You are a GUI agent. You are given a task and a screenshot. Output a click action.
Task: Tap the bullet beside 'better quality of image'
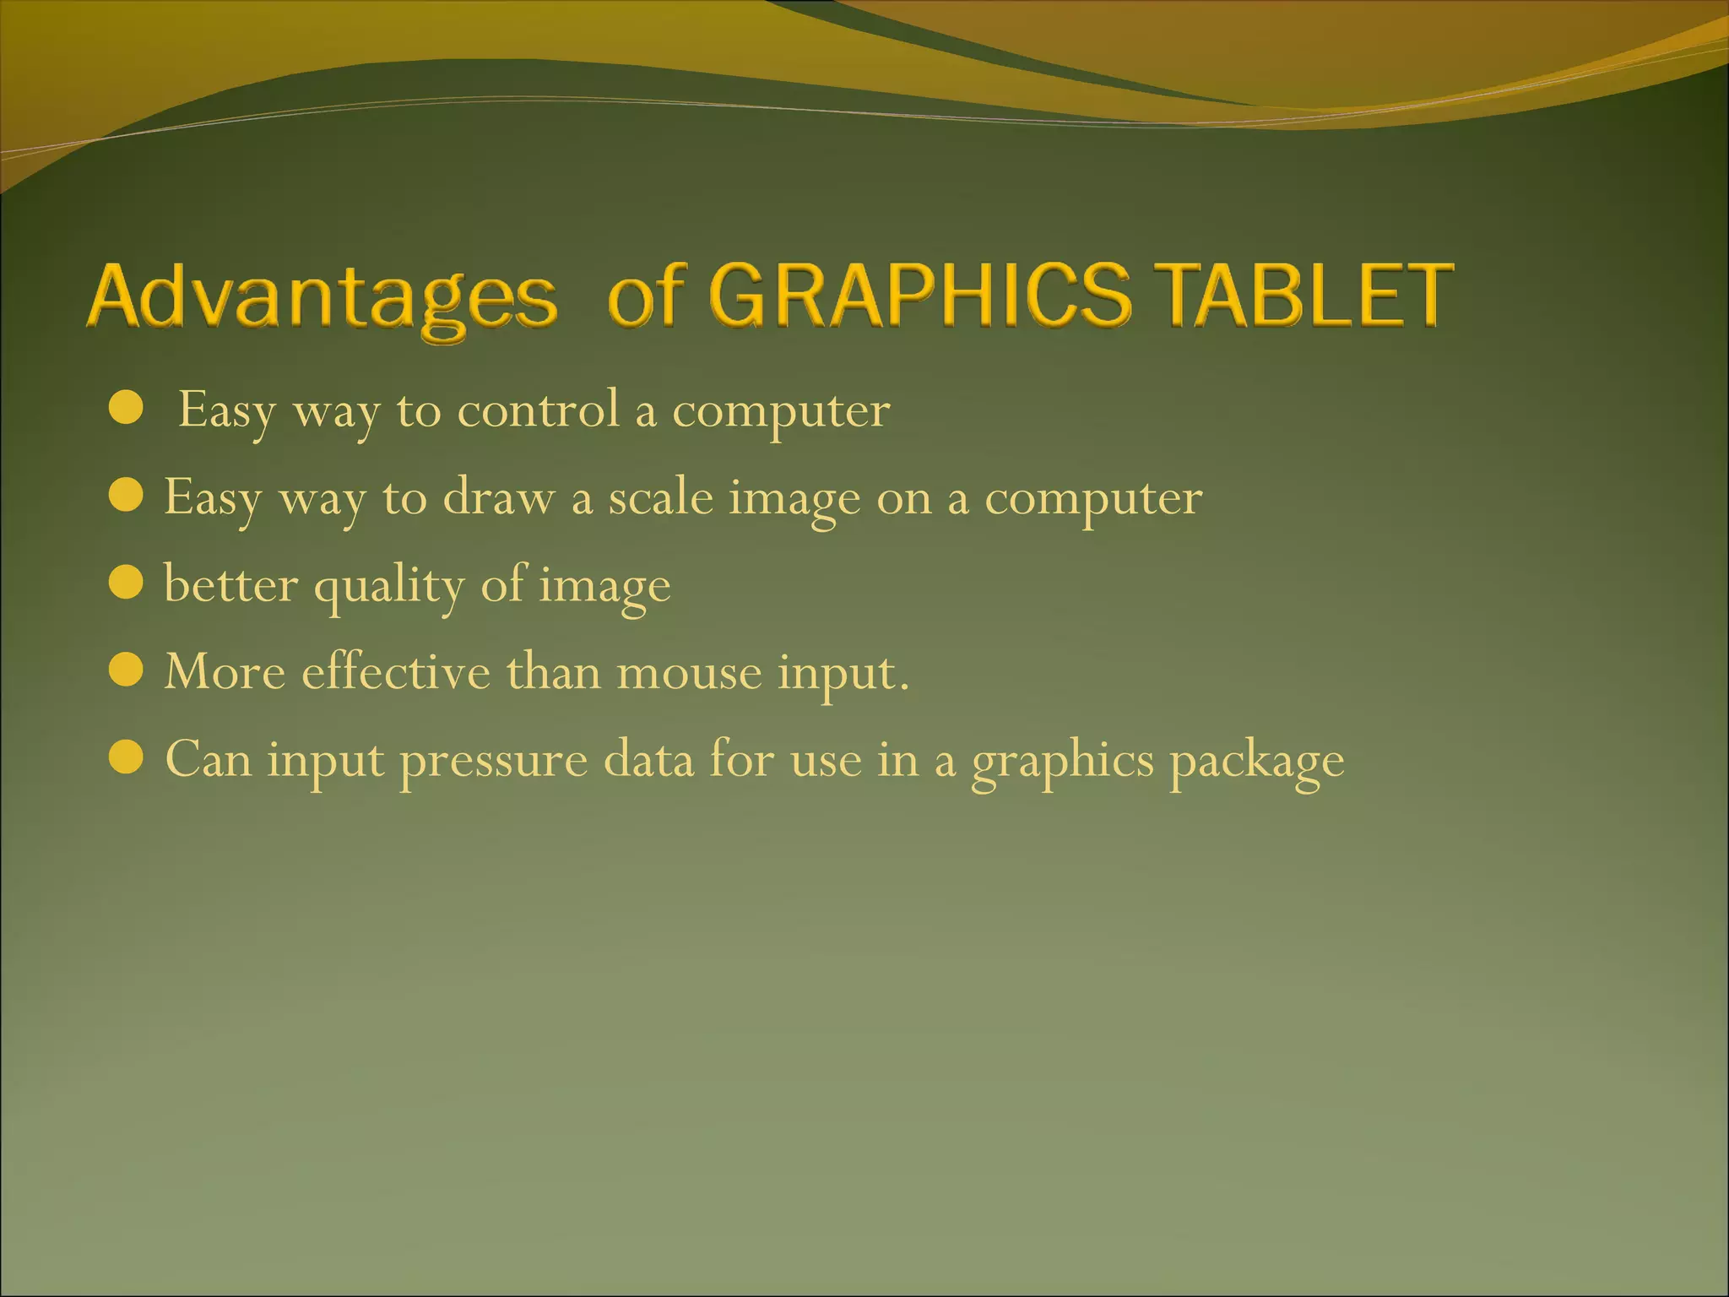point(127,583)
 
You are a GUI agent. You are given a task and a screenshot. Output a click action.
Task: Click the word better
point(230,583)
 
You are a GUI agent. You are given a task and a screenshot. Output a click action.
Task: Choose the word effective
point(395,672)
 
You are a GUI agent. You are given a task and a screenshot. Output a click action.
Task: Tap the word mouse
point(689,674)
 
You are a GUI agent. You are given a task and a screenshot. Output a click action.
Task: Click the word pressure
point(493,761)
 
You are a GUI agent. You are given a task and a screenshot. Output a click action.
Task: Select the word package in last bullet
point(1256,761)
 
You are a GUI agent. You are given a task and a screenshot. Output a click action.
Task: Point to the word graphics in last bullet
point(1061,761)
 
